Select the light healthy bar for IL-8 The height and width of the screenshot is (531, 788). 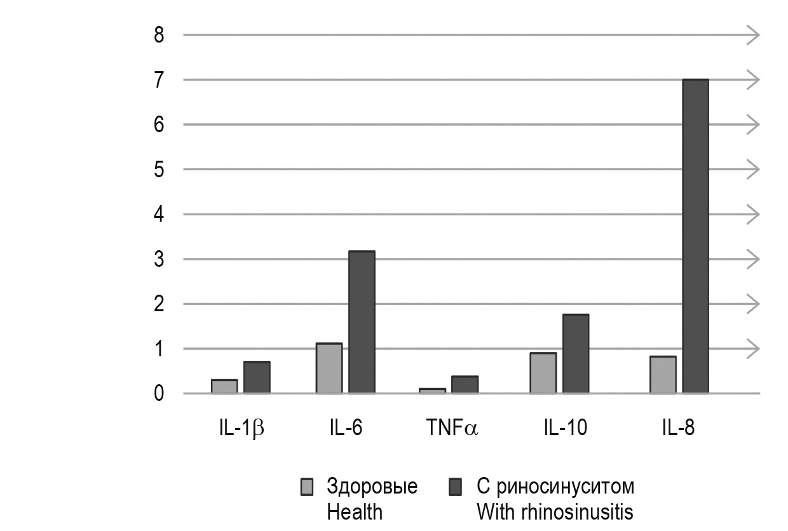pyautogui.click(x=662, y=375)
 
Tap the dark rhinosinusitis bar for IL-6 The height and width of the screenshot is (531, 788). pyautogui.click(x=362, y=322)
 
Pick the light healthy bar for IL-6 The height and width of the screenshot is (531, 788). pyautogui.click(x=329, y=368)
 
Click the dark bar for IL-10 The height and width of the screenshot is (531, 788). pyautogui.click(x=575, y=354)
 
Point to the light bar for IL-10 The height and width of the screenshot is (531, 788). pyautogui.click(x=543, y=373)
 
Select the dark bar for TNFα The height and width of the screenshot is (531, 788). pyautogui.click(x=465, y=385)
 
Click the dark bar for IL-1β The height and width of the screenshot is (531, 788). pyautogui.click(x=257, y=377)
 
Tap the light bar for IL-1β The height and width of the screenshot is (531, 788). pyautogui.click(x=224, y=387)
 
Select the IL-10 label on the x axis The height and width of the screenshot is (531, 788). pyautogui.click(x=565, y=429)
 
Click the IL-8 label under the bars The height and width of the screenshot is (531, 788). pyautogui.click(x=677, y=429)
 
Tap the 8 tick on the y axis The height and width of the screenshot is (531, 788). pyautogui.click(x=159, y=35)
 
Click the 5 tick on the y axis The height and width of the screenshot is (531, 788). pyautogui.click(x=159, y=170)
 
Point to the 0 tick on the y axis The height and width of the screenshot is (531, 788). pyautogui.click(x=159, y=394)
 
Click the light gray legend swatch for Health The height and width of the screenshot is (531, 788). pyautogui.click(x=307, y=487)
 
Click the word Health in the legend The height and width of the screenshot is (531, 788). pyautogui.click(x=355, y=511)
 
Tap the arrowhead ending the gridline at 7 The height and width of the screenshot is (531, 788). pyautogui.click(x=754, y=80)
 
